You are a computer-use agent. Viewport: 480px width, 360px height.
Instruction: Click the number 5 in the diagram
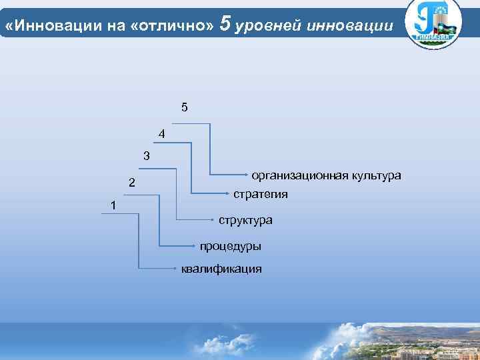(184, 107)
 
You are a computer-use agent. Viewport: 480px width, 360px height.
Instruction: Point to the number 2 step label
(132, 183)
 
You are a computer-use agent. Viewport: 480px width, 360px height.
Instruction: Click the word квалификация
(221, 269)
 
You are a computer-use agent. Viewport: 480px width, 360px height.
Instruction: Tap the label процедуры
(231, 246)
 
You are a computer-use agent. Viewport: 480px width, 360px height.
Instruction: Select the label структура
(245, 219)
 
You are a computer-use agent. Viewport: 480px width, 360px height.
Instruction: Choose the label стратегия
(261, 194)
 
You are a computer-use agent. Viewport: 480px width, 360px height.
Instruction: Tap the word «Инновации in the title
(42, 25)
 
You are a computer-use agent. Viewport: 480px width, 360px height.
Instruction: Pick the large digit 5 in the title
(225, 23)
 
